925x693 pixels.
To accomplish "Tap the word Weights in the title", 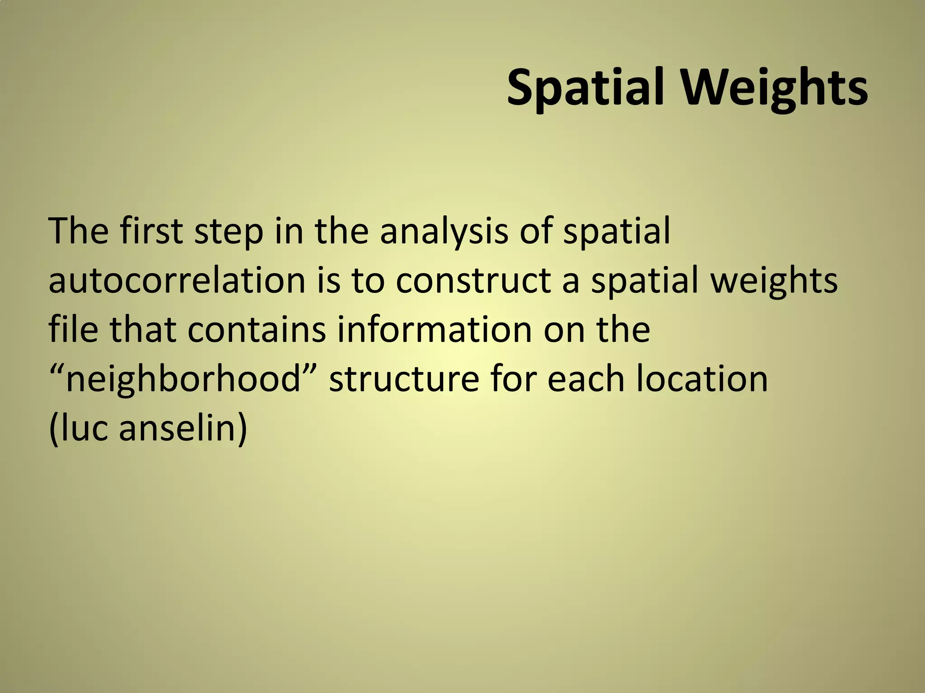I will tap(774, 87).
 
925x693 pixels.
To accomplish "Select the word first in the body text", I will tap(151, 231).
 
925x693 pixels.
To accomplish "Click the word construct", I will tap(474, 281).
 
